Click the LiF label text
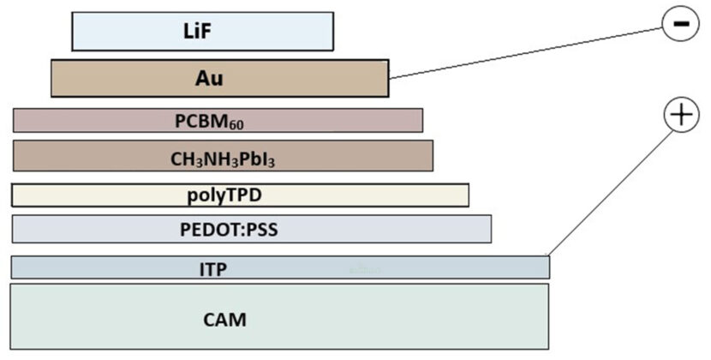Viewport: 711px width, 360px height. pyautogui.click(x=203, y=32)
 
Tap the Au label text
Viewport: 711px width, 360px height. pyautogui.click(x=209, y=79)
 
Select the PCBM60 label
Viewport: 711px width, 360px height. pyautogui.click(x=210, y=121)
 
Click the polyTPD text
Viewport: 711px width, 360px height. pyautogui.click(x=224, y=195)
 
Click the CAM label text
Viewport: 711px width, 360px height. pyautogui.click(x=224, y=320)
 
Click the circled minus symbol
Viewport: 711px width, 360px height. pyautogui.click(x=681, y=24)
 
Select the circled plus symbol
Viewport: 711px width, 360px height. pyautogui.click(x=681, y=115)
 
